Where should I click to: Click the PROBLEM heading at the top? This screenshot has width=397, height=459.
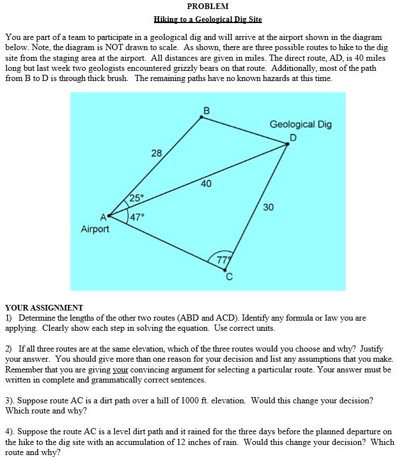[x=207, y=7]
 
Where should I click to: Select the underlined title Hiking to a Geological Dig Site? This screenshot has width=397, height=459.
[x=207, y=20]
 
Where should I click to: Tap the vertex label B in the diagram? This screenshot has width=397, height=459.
[x=205, y=110]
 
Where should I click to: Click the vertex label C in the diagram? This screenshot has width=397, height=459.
[x=229, y=277]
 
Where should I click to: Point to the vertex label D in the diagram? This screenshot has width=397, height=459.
[x=292, y=137]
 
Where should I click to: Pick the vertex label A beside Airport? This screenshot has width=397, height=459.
[x=102, y=217]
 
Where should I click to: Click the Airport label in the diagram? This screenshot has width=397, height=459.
[x=95, y=229]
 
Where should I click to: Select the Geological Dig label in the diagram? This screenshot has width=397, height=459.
[x=300, y=124]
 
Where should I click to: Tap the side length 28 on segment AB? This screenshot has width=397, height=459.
[x=156, y=153]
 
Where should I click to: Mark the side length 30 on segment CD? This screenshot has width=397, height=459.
[x=268, y=208]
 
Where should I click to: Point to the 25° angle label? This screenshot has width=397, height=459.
[x=137, y=197]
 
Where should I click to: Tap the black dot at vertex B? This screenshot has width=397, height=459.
[x=202, y=117]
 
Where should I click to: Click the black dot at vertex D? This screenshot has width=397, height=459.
[x=287, y=144]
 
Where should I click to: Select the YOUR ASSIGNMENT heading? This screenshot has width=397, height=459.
[x=44, y=308]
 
